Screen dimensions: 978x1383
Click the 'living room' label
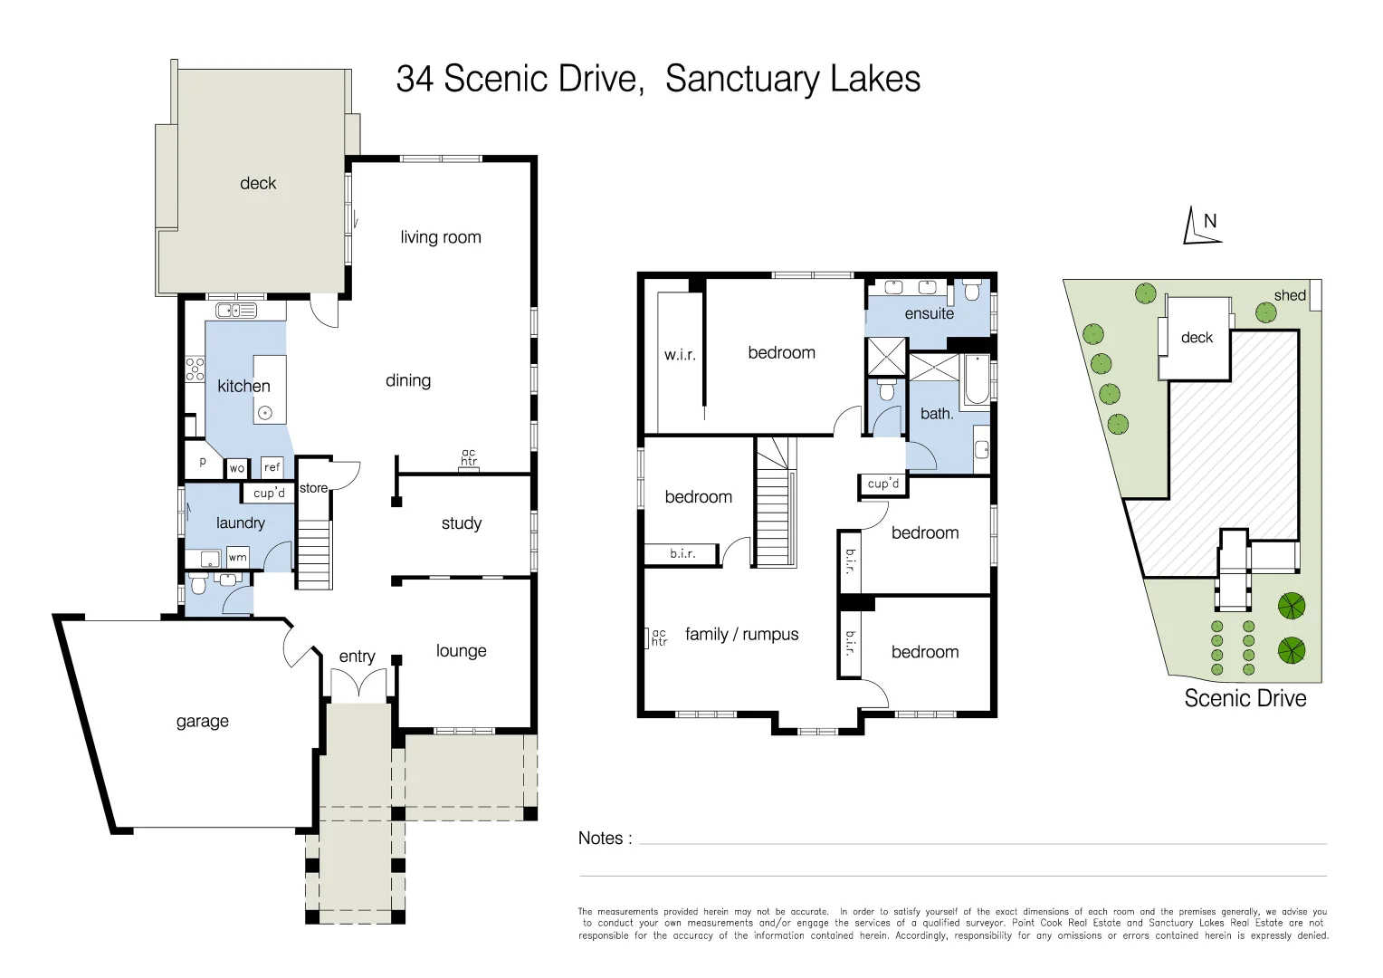(441, 237)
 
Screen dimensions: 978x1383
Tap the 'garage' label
(202, 721)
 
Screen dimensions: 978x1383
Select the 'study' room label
(461, 523)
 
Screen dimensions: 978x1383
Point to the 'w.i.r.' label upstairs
(680, 355)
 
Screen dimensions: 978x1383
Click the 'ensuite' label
(929, 313)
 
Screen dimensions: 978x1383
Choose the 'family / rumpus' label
(741, 635)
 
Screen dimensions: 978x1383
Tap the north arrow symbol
(1201, 226)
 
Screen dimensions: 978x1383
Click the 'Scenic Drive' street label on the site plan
(1245, 698)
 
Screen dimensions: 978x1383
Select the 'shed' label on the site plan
(1289, 295)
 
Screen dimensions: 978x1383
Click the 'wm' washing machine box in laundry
(237, 557)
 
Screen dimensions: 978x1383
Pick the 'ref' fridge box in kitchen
(272, 467)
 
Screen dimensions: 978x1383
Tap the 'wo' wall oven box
(236, 468)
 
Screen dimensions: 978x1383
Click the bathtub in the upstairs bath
(977, 381)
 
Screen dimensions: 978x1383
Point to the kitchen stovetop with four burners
(195, 369)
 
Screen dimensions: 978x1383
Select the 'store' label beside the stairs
(313, 488)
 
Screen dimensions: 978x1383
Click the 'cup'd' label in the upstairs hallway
(883, 484)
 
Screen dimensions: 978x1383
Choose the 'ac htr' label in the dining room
(469, 457)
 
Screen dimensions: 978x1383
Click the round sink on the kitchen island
(265, 413)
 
